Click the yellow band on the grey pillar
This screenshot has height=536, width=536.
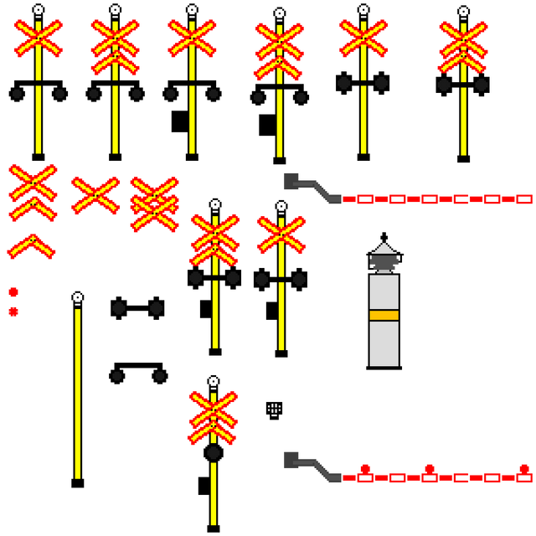coord(384,315)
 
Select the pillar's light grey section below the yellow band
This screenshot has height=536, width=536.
coord(384,343)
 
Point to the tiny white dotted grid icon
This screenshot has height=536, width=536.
coord(274,408)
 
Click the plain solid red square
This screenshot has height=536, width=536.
coord(13,292)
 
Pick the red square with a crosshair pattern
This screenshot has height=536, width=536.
coord(13,312)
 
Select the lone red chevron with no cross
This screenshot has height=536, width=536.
coord(31,246)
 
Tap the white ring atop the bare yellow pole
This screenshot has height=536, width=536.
coord(78,297)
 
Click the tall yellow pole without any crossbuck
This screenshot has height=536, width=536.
coord(78,394)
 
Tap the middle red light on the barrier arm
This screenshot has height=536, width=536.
coord(430,469)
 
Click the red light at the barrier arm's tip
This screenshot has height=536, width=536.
coord(524,469)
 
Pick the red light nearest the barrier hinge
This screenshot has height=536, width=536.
coord(365,469)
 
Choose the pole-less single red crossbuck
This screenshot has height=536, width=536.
coord(95,194)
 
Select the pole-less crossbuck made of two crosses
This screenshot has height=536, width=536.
coord(155,203)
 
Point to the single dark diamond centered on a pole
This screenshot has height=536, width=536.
coord(214,452)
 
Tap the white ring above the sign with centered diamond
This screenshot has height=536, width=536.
coord(214,382)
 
